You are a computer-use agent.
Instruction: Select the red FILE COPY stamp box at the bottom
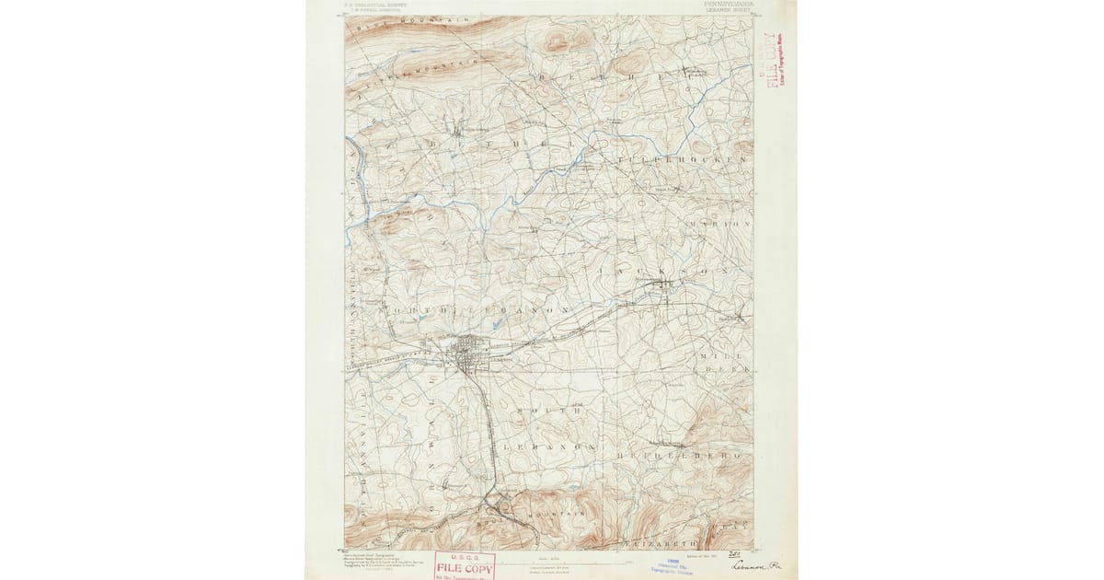[x=465, y=563]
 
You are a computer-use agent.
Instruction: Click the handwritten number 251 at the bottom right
[x=734, y=554]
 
